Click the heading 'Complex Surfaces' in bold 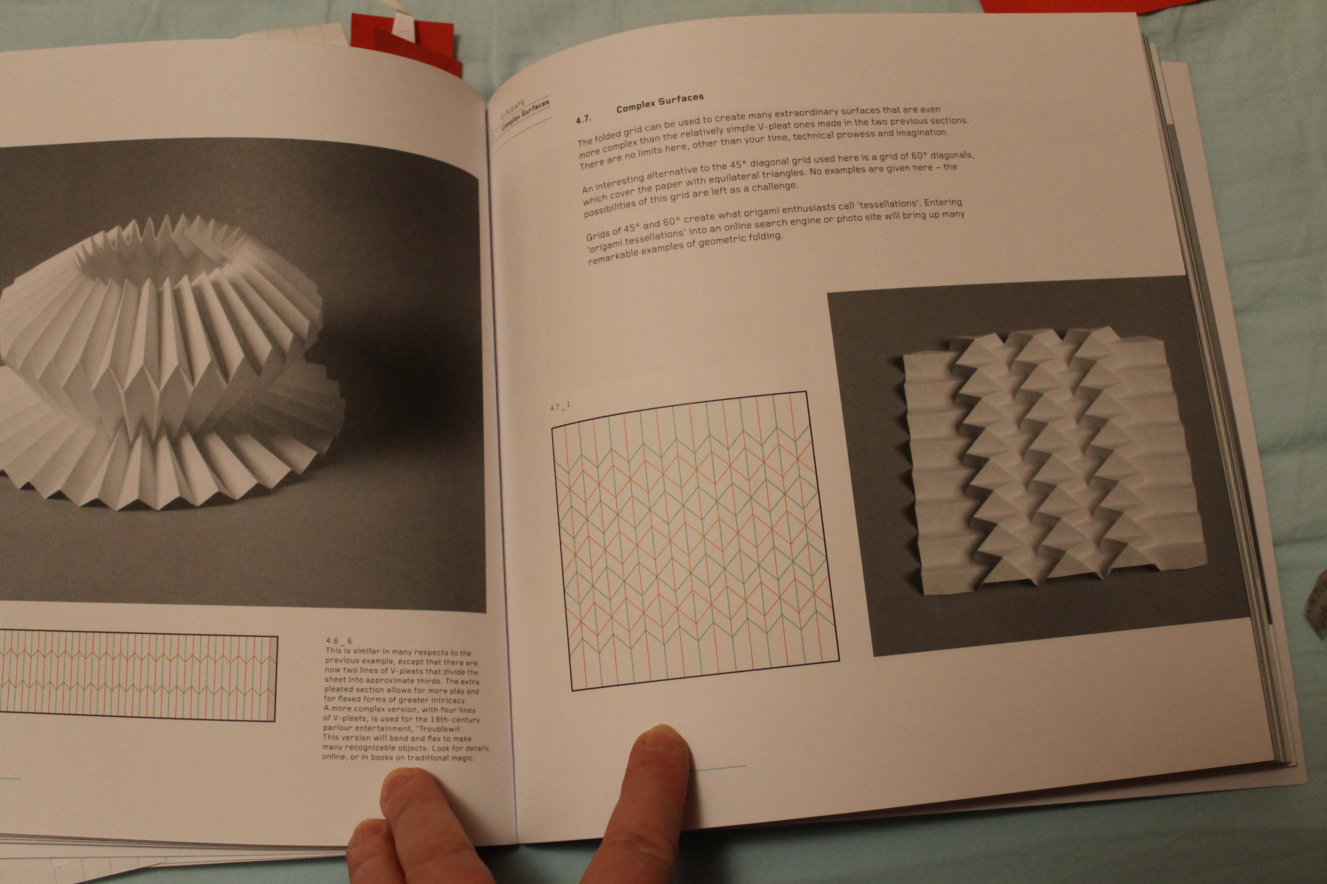(x=659, y=103)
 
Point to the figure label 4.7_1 (x=560, y=405)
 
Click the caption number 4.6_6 (x=339, y=641)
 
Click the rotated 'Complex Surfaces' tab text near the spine (x=524, y=116)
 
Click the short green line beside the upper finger (x=718, y=767)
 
